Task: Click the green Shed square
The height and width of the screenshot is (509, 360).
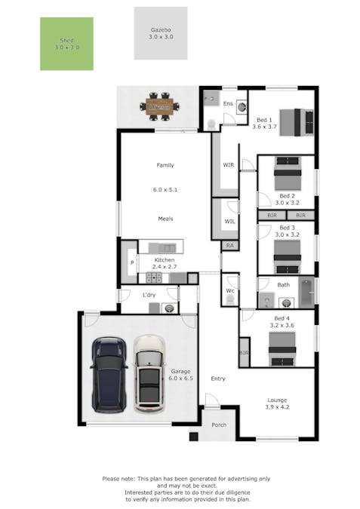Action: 66,44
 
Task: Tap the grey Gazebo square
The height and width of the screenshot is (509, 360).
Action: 160,33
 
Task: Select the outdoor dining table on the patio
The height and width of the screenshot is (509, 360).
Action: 160,106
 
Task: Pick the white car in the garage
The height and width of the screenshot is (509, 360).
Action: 149,373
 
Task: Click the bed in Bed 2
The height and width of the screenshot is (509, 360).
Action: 287,175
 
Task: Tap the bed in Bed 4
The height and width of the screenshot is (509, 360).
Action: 282,349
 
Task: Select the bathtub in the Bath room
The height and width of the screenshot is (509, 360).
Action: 306,294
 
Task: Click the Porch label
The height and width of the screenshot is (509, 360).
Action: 219,425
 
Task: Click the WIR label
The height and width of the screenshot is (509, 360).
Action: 228,164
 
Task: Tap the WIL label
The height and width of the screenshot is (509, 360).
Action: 229,221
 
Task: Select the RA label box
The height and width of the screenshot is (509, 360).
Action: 229,246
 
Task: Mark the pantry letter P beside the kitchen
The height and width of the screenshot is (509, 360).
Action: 131,262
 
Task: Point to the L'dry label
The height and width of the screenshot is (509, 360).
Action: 149,294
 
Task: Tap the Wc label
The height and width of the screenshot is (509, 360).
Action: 230,290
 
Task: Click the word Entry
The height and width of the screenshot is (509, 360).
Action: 217,379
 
